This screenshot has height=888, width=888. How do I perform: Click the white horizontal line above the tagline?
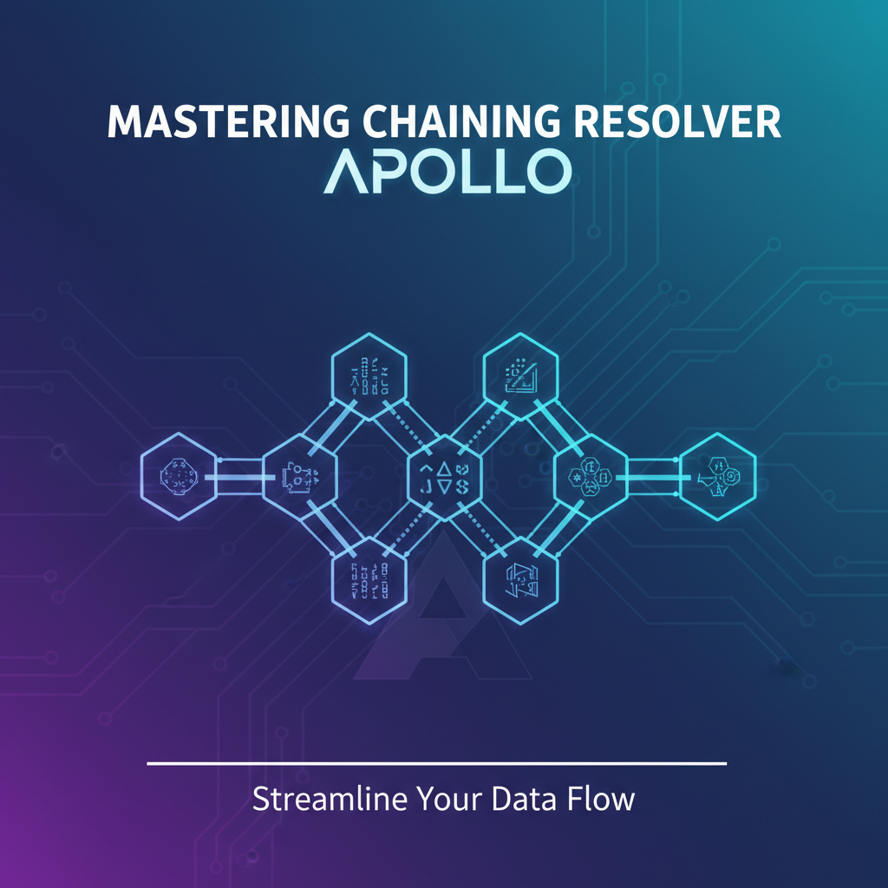pos(436,764)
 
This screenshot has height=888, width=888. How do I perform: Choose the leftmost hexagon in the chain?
pos(178,475)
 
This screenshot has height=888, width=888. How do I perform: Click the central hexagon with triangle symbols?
pos(443,475)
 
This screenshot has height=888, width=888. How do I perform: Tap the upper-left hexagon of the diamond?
pos(369,373)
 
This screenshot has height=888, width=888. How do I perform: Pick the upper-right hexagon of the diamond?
pos(520,373)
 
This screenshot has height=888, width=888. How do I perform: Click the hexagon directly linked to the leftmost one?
pos(298,475)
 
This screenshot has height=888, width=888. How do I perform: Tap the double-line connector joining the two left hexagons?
pos(238,475)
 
